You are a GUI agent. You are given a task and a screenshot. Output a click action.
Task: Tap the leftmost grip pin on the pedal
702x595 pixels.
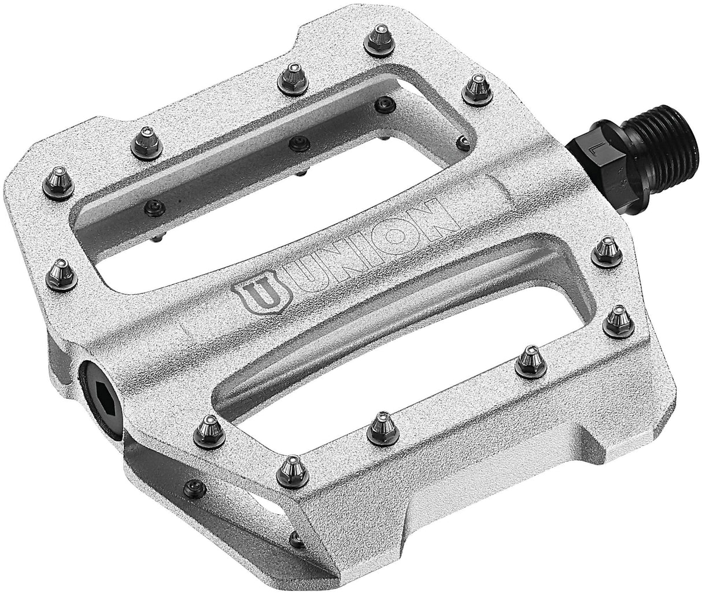(x=60, y=176)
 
